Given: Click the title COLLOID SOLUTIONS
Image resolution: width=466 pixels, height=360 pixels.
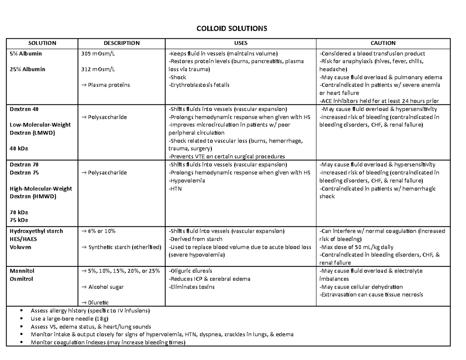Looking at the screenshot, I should coord(233,29).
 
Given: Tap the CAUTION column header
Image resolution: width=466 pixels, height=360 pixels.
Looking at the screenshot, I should coord(383,43).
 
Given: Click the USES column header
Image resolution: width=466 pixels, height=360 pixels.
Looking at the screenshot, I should coord(241,43).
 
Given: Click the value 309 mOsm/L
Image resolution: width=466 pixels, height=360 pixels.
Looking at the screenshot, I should coord(98,54).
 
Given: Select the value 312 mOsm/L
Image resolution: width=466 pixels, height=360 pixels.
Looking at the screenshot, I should coord(98,69).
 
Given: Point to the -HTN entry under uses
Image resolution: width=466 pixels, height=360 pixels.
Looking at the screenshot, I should coord(174,189).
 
